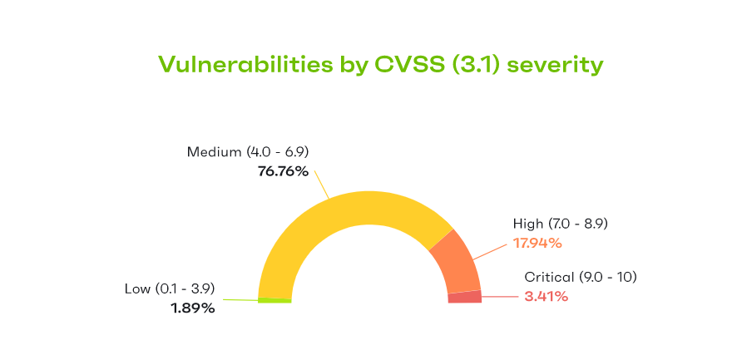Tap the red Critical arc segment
click(x=465, y=297)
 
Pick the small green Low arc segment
click(x=275, y=299)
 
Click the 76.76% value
click(x=283, y=172)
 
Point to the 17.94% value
click(x=537, y=243)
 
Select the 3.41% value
click(x=547, y=296)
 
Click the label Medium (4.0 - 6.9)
click(x=248, y=152)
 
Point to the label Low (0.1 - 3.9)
click(x=170, y=288)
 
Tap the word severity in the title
click(x=555, y=65)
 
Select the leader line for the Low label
click(x=237, y=299)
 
